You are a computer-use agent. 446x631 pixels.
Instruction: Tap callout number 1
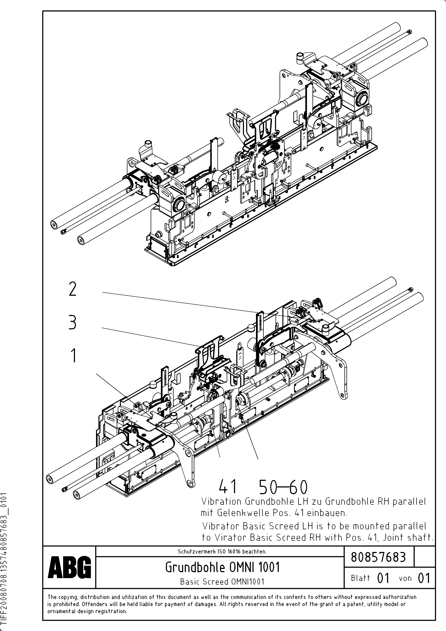[x=73, y=355]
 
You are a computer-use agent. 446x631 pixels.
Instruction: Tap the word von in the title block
[x=405, y=578]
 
